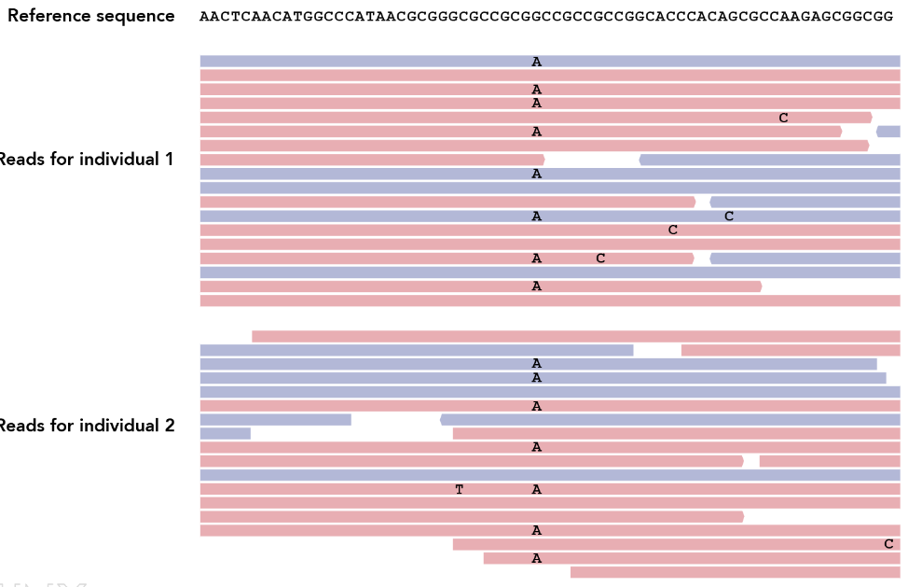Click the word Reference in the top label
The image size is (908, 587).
coord(48,16)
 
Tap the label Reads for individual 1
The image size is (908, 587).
coord(86,160)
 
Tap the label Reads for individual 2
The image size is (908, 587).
coord(86,426)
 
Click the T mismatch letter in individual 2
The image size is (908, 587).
coord(459,490)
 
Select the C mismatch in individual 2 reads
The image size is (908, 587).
coord(888,544)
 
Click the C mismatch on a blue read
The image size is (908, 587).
coord(729,217)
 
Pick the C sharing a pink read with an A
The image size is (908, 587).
coord(600,259)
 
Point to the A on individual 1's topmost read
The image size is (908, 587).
coord(536,62)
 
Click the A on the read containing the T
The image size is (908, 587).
coord(536,490)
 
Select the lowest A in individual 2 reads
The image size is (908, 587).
coord(536,559)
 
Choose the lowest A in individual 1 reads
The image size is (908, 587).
coord(536,287)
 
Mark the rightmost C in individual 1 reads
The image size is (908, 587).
coord(783,118)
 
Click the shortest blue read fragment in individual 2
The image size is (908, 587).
coord(225,433)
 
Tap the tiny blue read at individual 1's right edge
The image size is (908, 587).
coord(889,132)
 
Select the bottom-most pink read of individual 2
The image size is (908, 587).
coord(735,572)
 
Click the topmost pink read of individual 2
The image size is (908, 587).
coord(575,336)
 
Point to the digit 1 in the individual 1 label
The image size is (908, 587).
coord(169,160)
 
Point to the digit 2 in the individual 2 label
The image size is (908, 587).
coord(169,426)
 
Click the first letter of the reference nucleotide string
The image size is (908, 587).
coord(203,17)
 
